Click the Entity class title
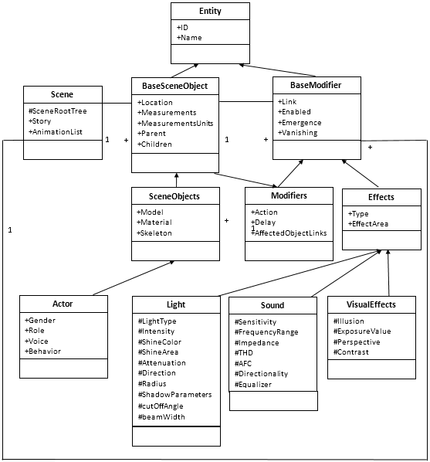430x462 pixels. (x=210, y=11)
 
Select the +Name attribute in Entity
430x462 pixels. (x=189, y=38)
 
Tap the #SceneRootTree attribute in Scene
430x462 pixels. (x=57, y=111)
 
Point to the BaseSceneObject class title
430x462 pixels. (x=175, y=86)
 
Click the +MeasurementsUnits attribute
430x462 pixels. (x=175, y=123)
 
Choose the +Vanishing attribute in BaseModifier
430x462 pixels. (x=297, y=133)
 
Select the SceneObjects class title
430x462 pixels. (x=174, y=196)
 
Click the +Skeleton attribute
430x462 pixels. (x=154, y=233)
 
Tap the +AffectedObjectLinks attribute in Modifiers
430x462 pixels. (x=289, y=233)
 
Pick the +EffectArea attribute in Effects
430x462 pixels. (x=368, y=224)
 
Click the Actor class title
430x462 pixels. (x=63, y=304)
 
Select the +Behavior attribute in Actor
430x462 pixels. (x=42, y=352)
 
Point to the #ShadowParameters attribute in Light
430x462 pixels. (x=174, y=395)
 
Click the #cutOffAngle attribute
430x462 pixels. (x=161, y=406)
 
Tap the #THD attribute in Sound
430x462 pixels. (x=244, y=353)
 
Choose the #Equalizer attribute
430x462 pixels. (x=253, y=385)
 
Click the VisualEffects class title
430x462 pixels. (x=371, y=304)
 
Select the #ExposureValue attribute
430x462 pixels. (x=362, y=331)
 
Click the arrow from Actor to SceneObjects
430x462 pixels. (x=134, y=278)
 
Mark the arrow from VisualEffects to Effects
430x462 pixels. (x=388, y=273)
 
